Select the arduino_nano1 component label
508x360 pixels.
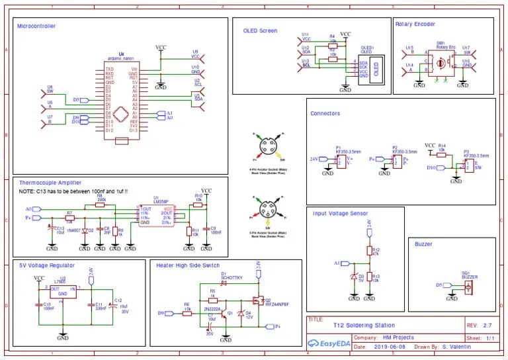point(120,59)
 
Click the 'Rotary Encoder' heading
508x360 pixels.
point(415,24)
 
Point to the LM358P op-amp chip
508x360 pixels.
point(157,215)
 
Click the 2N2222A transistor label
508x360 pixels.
point(212,308)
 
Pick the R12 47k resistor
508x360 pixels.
point(369,251)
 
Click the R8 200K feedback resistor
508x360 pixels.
point(101,205)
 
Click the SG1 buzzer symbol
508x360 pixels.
point(468,286)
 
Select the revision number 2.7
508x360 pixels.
point(488,325)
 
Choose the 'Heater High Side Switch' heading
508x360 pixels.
point(187,265)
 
